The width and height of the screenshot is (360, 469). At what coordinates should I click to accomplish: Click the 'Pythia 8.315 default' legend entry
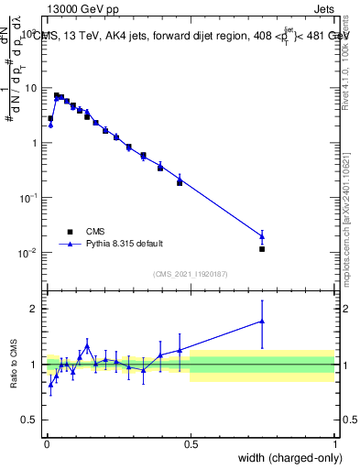click(x=125, y=244)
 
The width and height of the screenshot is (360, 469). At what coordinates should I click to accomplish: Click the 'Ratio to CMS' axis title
click(x=14, y=365)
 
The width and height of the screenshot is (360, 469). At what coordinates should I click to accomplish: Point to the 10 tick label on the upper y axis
click(x=30, y=89)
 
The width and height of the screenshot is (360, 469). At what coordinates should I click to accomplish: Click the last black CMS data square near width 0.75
click(x=262, y=248)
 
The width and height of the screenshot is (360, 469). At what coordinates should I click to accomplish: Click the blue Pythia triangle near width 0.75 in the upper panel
click(x=262, y=236)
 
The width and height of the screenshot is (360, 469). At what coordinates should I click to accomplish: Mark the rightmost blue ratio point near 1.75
click(x=262, y=322)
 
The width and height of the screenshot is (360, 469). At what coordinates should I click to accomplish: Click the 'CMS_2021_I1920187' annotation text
click(x=191, y=273)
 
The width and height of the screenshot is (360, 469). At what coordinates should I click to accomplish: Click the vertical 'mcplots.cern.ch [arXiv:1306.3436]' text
click(x=345, y=211)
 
